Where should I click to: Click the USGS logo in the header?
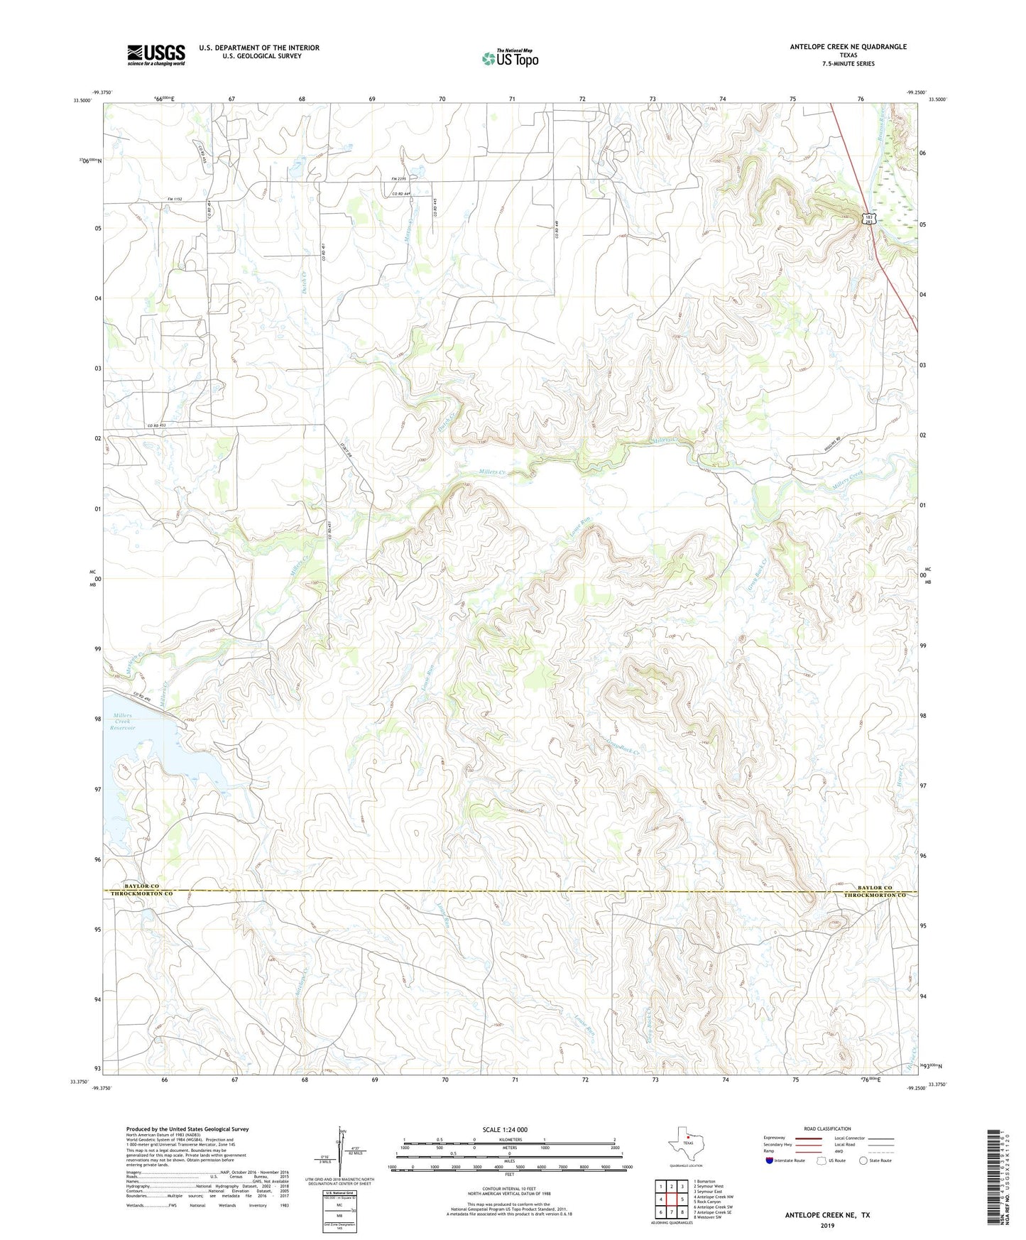pos(156,55)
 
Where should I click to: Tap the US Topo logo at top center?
pos(510,58)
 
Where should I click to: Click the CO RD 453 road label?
pos(156,425)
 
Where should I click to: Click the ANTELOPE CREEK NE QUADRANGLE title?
pos(848,47)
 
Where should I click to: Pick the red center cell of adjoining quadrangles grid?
pos(671,1199)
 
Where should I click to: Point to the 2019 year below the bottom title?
pos(827,1226)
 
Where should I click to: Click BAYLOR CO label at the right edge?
pos(874,888)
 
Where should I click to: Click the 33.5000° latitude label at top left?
pos(82,100)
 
